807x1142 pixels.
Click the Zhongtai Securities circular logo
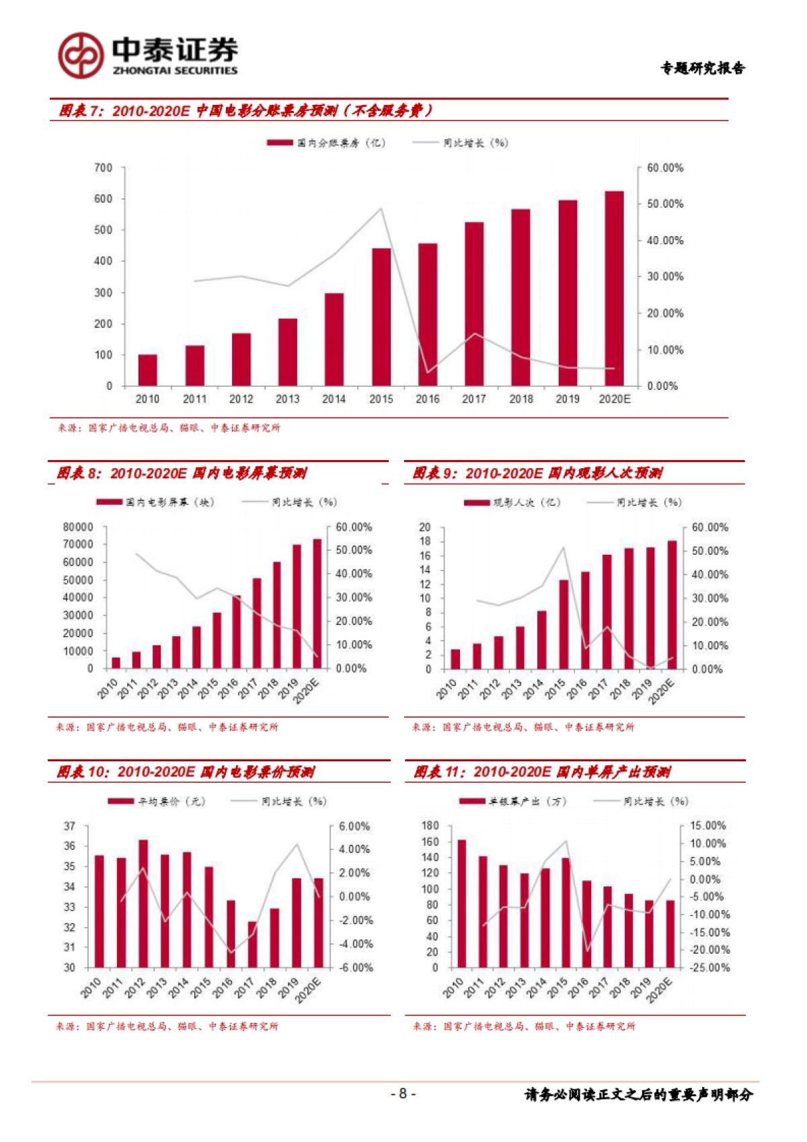(x=80, y=55)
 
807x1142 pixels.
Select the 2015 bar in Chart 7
(x=381, y=317)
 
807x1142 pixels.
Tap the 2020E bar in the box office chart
(x=614, y=289)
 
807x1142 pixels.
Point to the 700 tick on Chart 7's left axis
(x=103, y=167)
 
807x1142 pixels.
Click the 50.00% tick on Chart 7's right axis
(x=664, y=204)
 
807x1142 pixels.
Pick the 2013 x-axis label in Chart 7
(x=287, y=399)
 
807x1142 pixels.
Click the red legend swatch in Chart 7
(x=280, y=143)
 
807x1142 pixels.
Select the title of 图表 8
(x=182, y=473)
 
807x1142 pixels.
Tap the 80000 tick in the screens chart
(x=78, y=527)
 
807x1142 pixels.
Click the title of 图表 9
(x=537, y=473)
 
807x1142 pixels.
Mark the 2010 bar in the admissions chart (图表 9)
(x=455, y=659)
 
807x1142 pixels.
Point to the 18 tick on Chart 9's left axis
(x=425, y=541)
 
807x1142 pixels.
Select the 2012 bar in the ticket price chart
(x=143, y=903)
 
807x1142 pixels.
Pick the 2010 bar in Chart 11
(x=461, y=903)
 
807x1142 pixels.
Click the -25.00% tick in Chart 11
(x=709, y=968)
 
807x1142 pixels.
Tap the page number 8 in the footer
(x=403, y=1094)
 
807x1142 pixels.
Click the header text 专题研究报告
(x=702, y=68)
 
